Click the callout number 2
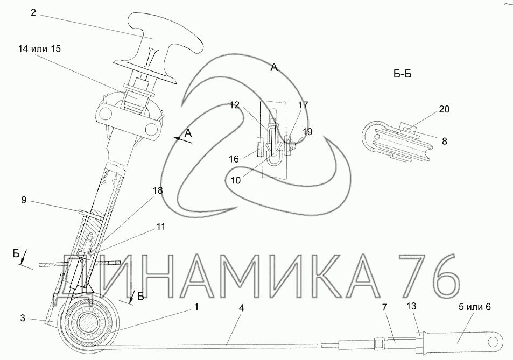point(33,12)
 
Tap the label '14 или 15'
point(40,48)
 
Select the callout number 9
point(24,200)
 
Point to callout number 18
point(157,190)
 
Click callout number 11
point(161,227)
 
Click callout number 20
point(444,109)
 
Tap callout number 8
point(444,142)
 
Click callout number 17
point(303,105)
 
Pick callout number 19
point(307,131)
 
